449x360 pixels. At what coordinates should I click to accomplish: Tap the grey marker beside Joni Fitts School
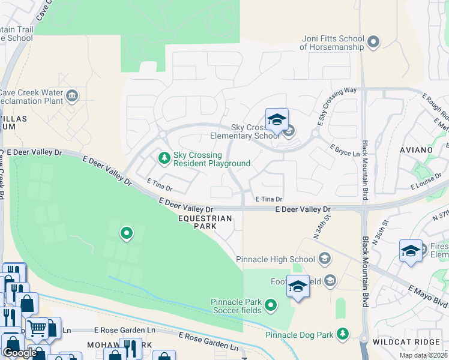tap(373, 42)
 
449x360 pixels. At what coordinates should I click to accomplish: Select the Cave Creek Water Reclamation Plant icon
tap(72, 95)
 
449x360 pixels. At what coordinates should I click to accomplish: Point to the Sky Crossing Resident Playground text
tap(211, 159)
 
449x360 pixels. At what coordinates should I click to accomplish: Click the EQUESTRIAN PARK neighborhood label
tap(205, 223)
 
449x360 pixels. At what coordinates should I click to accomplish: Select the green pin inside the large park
tap(126, 233)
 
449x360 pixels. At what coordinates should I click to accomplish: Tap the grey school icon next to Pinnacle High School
tap(325, 259)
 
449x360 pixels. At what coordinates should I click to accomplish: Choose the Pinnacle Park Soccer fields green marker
tap(271, 306)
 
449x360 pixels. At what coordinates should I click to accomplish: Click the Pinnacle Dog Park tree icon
tap(342, 333)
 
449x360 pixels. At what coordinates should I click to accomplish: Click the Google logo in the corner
tap(20, 353)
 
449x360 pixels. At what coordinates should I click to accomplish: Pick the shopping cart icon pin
tap(37, 329)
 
